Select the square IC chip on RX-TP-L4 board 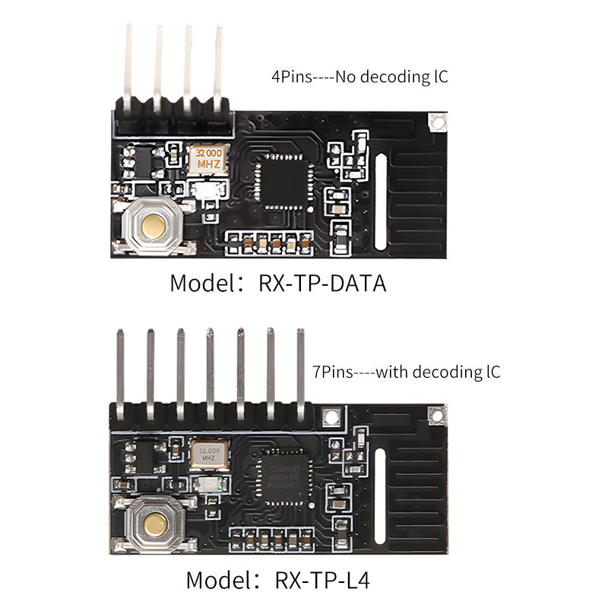coord(283,477)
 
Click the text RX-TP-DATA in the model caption coord(323,284)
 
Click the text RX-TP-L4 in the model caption coord(323,581)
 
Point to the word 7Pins coord(331,372)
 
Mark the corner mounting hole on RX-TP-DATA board coord(436,121)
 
